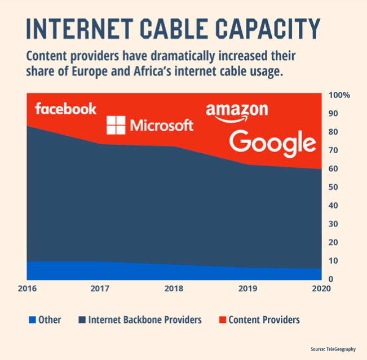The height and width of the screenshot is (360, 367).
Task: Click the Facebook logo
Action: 65,108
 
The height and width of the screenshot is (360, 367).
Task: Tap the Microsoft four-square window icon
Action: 116,125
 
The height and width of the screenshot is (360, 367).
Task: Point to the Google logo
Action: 273,143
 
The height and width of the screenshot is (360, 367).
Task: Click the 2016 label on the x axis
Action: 27,288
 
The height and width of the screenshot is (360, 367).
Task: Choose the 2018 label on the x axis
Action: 174,288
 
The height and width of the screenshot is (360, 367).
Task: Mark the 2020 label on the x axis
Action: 321,288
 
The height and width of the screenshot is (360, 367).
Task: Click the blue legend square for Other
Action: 33,320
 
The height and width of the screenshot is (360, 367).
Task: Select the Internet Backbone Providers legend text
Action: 144,320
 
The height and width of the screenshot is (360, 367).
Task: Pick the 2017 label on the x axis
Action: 100,288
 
